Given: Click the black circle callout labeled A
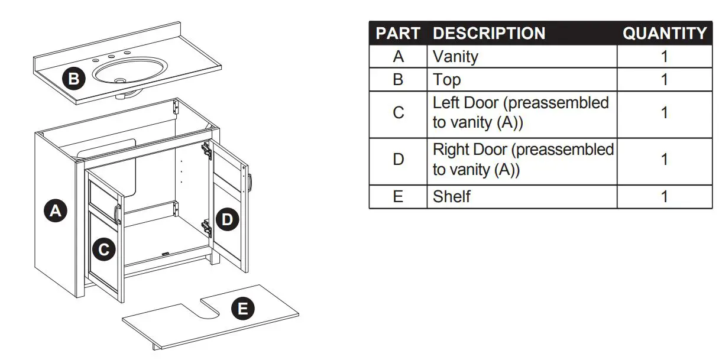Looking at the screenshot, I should [x=56, y=211].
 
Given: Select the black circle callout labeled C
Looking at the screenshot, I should [x=103, y=250].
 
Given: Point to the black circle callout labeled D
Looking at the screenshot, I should [x=227, y=220].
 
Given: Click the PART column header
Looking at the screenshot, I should [x=398, y=34].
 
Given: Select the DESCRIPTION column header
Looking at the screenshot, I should [x=489, y=34].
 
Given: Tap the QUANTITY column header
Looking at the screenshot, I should [x=665, y=34].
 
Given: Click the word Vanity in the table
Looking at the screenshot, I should [x=455, y=57].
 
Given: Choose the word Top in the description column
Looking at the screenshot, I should [x=446, y=80].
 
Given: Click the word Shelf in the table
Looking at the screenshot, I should [x=452, y=196].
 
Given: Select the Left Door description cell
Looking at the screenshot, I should [x=521, y=113].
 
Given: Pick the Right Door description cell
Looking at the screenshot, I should [x=523, y=160].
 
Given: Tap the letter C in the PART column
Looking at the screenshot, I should [x=398, y=113].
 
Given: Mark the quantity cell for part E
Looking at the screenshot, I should [x=665, y=196].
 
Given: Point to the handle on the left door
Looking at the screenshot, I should [x=118, y=213].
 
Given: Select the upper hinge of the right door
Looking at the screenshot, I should [x=206, y=150].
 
